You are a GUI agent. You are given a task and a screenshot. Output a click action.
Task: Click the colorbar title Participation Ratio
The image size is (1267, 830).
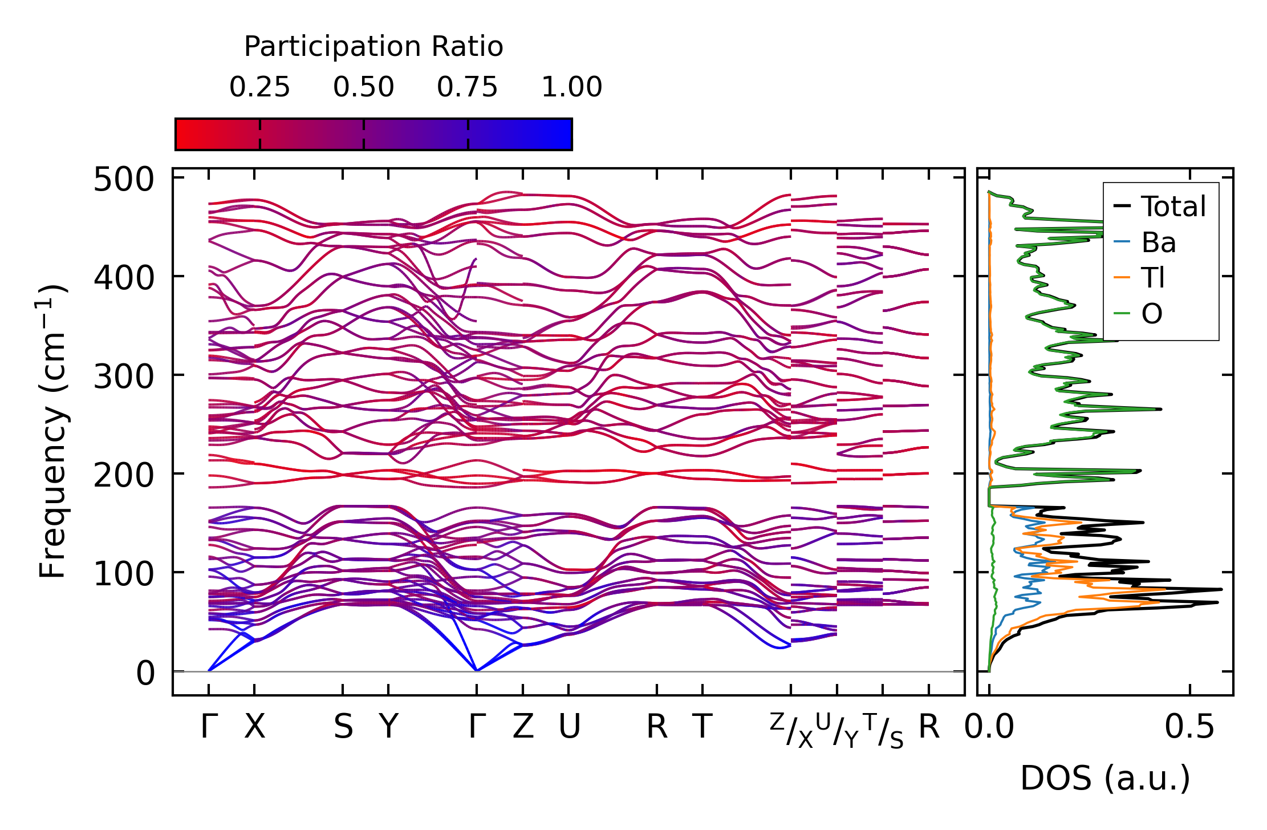pos(373,47)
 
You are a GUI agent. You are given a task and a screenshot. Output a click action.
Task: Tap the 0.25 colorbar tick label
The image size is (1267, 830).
pos(259,88)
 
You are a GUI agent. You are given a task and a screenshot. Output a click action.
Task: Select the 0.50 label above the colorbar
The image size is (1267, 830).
pos(364,88)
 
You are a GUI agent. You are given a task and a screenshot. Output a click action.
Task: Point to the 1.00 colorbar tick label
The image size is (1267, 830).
pos(571,88)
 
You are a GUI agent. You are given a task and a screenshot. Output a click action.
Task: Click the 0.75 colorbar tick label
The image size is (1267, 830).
pos(468,88)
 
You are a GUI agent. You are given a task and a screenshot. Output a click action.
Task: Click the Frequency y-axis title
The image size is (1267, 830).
pos(52,431)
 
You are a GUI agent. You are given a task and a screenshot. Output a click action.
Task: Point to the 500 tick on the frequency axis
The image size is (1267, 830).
pos(124,180)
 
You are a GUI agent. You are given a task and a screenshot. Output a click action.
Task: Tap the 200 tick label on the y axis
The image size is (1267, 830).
pos(124,475)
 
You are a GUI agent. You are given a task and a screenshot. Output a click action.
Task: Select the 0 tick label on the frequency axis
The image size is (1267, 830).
pos(145,673)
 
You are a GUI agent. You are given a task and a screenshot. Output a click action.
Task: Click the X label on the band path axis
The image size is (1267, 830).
pos(255,727)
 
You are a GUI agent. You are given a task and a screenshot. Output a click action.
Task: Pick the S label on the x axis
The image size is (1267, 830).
pos(343,727)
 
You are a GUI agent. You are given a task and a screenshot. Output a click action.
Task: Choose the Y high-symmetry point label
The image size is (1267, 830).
pos(389,727)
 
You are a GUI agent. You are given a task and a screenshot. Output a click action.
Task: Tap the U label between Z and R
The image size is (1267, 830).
pos(569,727)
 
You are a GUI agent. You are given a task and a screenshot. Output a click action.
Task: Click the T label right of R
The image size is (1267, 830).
pos(702,727)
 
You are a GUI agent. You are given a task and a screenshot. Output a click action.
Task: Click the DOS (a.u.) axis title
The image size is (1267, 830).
pos(1105,779)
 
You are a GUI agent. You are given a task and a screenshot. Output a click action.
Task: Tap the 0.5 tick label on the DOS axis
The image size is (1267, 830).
pos(1189,727)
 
